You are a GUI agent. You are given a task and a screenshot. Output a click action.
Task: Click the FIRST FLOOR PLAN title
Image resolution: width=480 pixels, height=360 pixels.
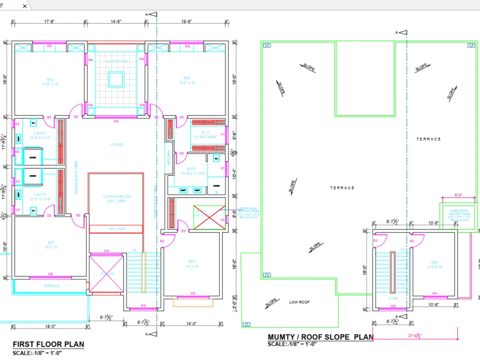48,344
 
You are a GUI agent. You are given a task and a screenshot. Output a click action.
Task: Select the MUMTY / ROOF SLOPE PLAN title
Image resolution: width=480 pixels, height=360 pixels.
320,337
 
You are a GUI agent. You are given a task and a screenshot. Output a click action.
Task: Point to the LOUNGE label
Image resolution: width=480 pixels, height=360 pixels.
116,144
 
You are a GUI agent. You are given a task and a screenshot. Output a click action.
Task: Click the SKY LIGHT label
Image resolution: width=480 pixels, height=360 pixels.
117,229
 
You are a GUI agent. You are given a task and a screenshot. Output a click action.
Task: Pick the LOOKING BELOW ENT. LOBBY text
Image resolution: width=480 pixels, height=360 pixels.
117,199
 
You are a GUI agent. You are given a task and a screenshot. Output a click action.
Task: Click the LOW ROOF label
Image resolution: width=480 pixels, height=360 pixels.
299,302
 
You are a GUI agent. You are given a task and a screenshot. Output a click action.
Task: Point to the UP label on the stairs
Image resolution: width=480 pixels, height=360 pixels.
134,251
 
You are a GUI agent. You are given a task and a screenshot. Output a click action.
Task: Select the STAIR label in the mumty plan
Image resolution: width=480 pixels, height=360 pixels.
393,299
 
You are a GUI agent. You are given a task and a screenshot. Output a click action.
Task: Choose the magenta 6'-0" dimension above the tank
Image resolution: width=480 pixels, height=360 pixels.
459,195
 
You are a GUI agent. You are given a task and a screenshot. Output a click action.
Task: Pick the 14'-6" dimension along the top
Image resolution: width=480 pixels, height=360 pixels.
116,22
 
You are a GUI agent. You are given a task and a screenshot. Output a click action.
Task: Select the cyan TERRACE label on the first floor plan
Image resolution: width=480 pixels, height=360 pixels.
51,286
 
